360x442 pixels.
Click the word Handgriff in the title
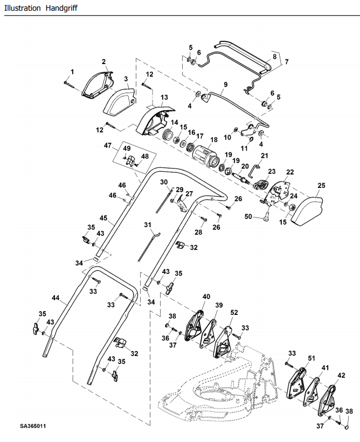(61, 8)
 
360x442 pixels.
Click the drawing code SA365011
(33, 426)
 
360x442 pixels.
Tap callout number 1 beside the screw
(72, 72)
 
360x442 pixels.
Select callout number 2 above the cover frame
(104, 62)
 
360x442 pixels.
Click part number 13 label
(164, 97)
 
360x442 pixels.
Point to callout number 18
(214, 140)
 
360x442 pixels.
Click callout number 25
(321, 186)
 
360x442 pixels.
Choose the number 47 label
(108, 146)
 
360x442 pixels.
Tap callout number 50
(248, 217)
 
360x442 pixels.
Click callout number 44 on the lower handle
(56, 298)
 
